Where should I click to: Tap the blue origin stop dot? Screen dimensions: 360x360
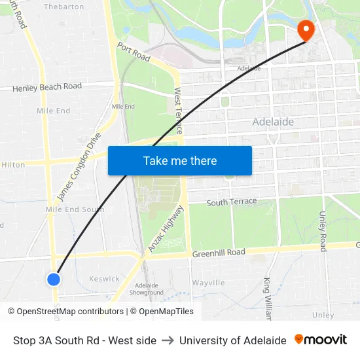click(54, 279)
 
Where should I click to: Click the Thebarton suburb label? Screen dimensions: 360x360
click(63, 7)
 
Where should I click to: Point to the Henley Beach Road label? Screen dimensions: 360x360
click(47, 86)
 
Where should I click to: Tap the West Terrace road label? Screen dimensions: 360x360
click(177, 111)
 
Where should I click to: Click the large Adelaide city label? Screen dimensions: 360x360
click(273, 122)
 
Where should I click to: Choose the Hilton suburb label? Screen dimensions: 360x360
click(13, 165)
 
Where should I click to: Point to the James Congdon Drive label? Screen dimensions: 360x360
click(79, 167)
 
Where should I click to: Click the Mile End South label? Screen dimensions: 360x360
click(75, 209)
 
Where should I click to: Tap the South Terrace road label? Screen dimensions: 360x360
click(232, 202)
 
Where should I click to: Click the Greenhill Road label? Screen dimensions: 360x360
click(218, 253)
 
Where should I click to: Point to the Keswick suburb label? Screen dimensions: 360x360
click(104, 279)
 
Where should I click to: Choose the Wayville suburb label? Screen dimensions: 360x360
click(208, 283)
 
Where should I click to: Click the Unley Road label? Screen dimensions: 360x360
click(323, 231)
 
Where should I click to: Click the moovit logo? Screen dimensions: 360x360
click(321, 340)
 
